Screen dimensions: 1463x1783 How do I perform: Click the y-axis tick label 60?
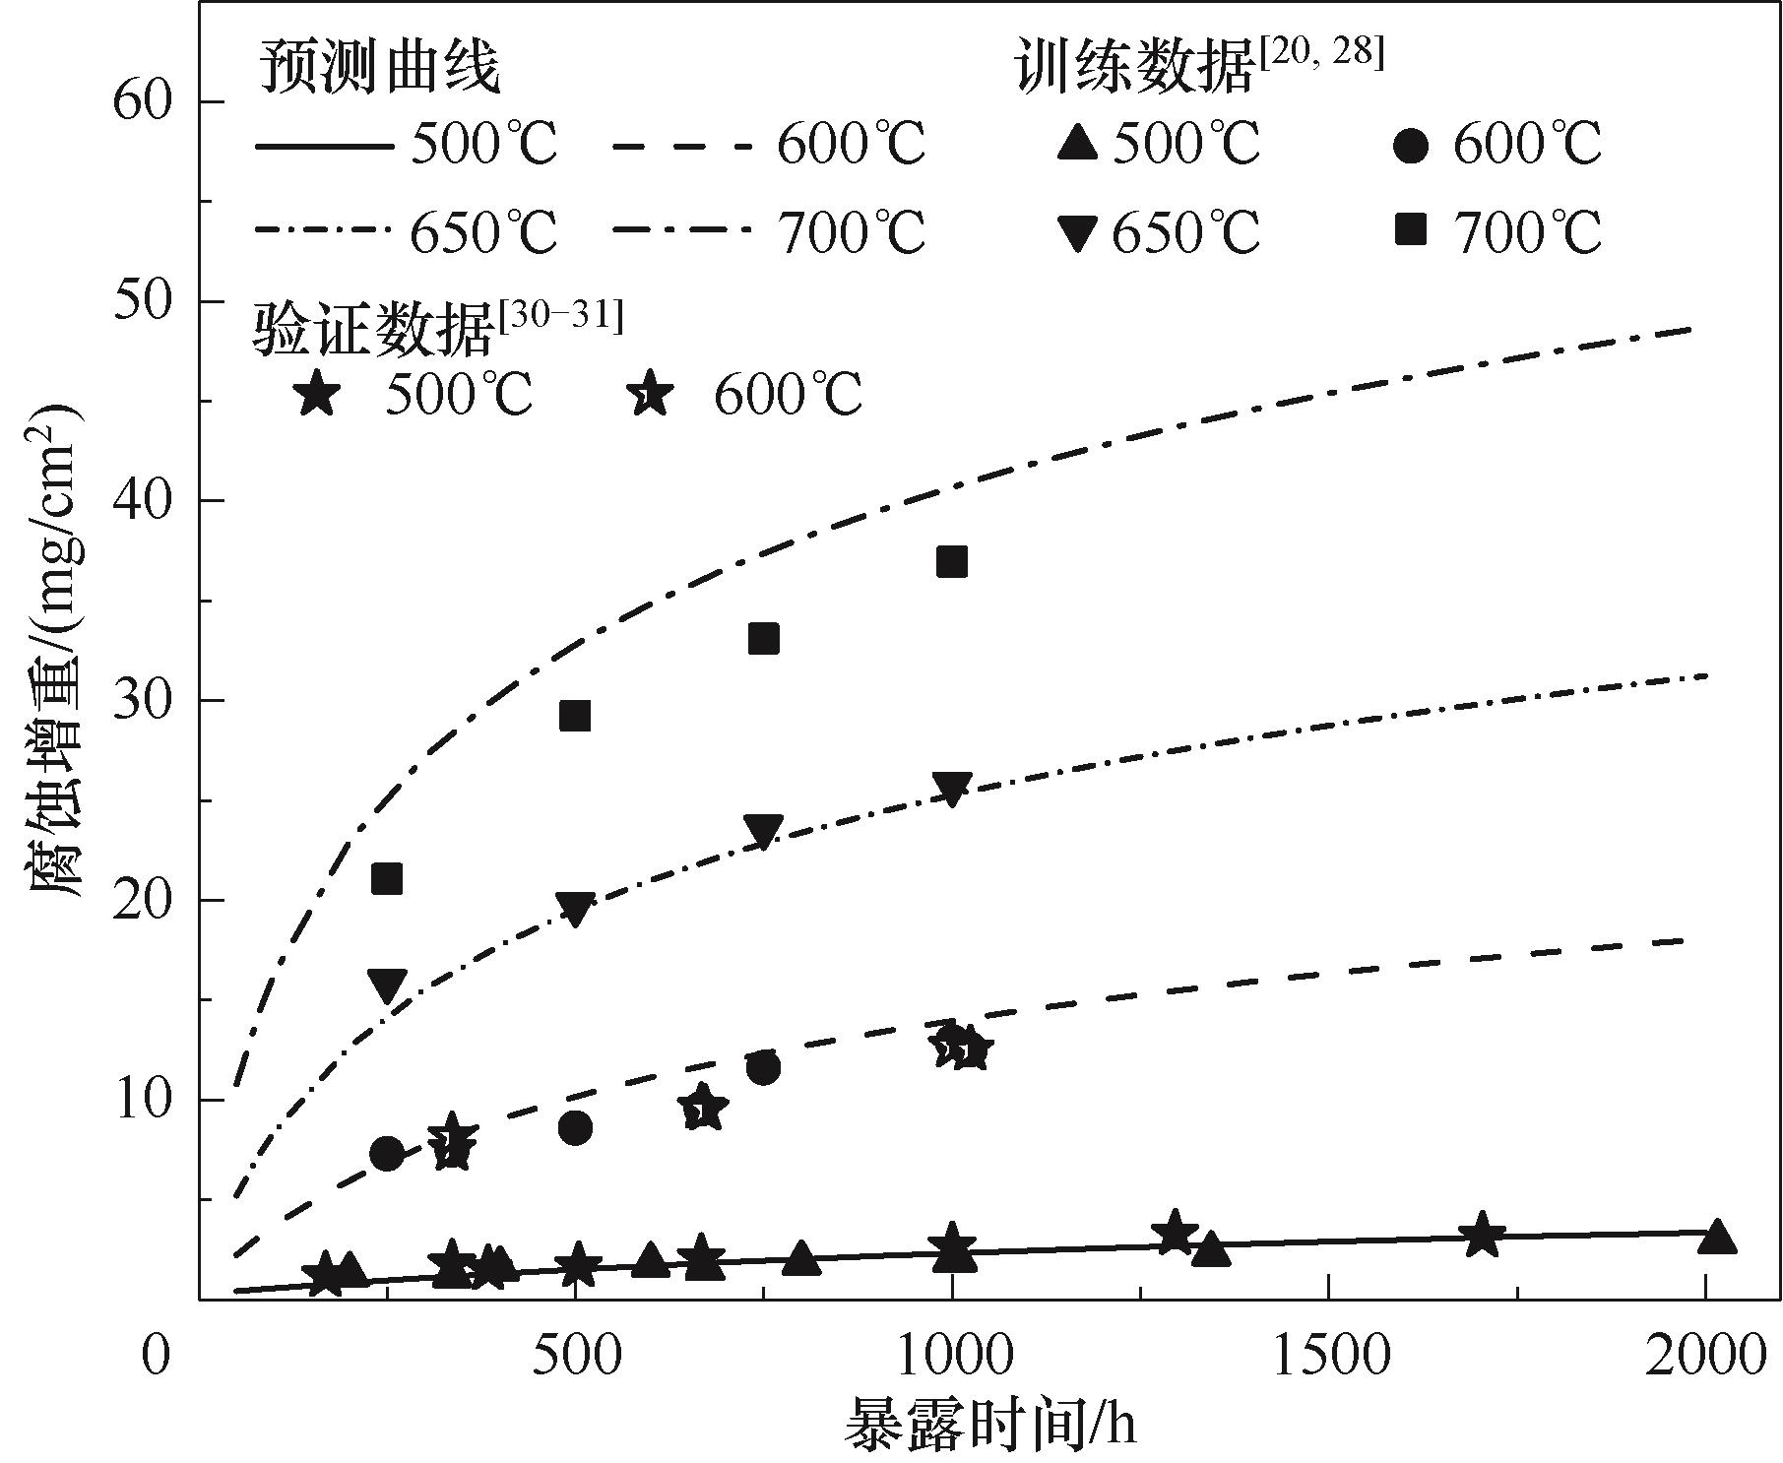(143, 101)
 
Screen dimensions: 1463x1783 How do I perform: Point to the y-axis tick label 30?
(143, 700)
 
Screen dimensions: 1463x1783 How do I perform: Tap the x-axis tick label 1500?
(1330, 1356)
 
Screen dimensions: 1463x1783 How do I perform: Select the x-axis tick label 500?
(575, 1356)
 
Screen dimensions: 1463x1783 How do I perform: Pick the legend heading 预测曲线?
(379, 69)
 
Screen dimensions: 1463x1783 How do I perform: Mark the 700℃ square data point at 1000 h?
(952, 562)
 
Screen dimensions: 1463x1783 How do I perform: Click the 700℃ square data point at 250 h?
(387, 879)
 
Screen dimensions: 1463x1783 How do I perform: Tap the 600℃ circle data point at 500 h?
(575, 1128)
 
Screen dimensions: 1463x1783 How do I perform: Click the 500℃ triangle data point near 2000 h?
(1717, 1238)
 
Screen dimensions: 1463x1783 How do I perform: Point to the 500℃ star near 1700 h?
(1481, 1236)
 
